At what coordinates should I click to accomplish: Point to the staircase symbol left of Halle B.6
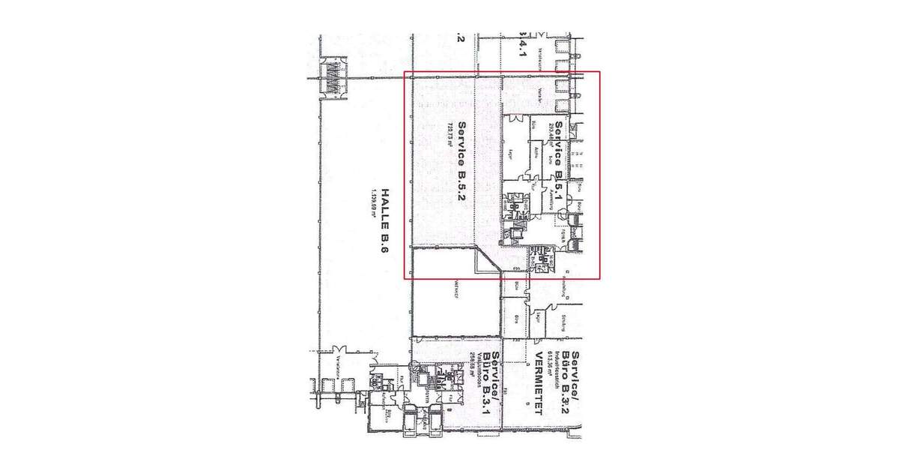(x=330, y=78)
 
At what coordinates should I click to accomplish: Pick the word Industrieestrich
(x=560, y=367)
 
